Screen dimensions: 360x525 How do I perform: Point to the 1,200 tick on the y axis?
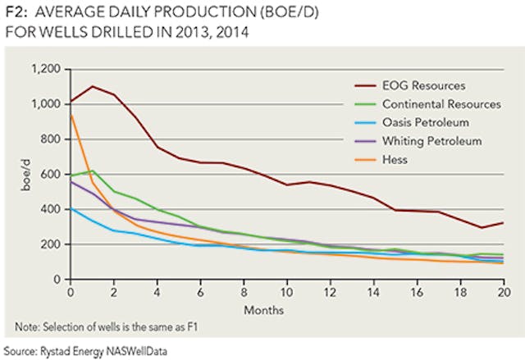click(x=50, y=70)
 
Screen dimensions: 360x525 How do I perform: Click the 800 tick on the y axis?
click(x=55, y=139)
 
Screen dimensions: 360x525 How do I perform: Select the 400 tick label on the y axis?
click(x=55, y=209)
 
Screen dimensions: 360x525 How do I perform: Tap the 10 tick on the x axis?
click(x=287, y=290)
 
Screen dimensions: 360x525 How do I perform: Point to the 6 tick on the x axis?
click(x=201, y=290)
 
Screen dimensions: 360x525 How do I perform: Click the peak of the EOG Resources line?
click(x=93, y=86)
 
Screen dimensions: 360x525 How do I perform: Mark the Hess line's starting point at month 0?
click(x=71, y=116)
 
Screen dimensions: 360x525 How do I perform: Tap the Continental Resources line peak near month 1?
click(x=93, y=171)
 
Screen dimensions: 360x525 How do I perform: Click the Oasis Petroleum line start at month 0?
click(x=71, y=208)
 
